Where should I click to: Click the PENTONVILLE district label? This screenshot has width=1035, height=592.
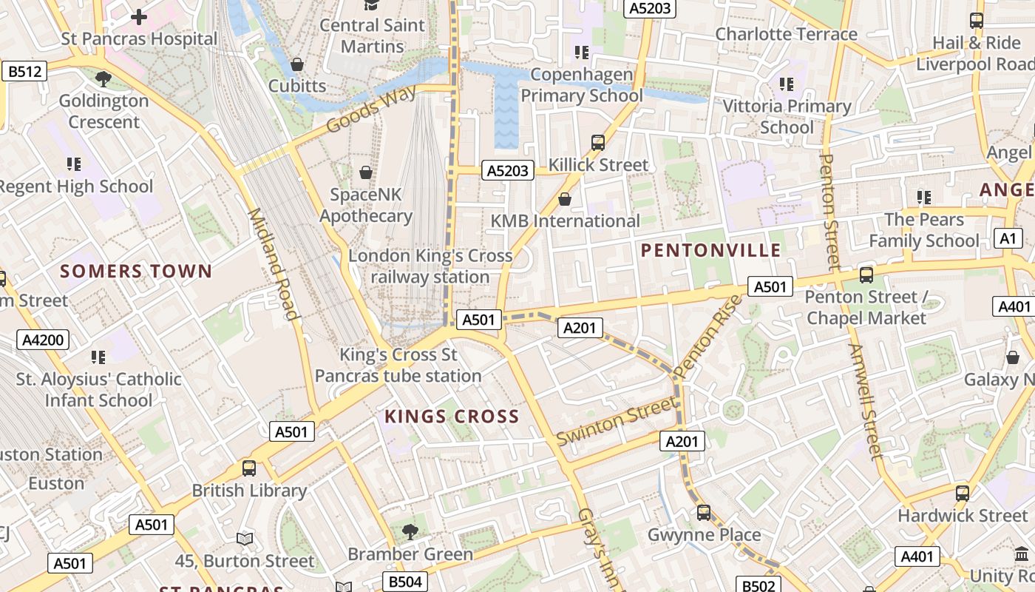710,250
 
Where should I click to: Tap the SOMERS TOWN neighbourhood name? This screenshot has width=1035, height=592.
136,271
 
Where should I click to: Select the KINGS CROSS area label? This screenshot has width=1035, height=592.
452,417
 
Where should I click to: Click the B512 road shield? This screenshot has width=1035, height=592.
24,71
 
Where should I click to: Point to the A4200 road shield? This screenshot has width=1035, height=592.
45,340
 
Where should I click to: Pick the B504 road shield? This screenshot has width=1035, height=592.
404,582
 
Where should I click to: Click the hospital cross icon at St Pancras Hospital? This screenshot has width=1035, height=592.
138,16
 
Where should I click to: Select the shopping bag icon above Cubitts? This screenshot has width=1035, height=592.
297,64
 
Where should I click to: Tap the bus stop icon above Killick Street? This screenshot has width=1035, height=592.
598,142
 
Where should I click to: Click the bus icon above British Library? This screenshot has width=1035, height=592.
249,468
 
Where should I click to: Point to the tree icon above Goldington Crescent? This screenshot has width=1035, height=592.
103,78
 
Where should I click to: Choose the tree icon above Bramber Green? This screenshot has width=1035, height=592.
410,531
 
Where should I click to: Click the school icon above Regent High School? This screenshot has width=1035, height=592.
74,164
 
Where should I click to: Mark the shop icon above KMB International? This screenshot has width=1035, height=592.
565,198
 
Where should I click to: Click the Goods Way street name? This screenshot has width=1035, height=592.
370,109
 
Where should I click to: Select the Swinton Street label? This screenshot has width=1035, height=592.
616,421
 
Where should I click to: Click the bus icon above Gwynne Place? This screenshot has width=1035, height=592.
704,512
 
